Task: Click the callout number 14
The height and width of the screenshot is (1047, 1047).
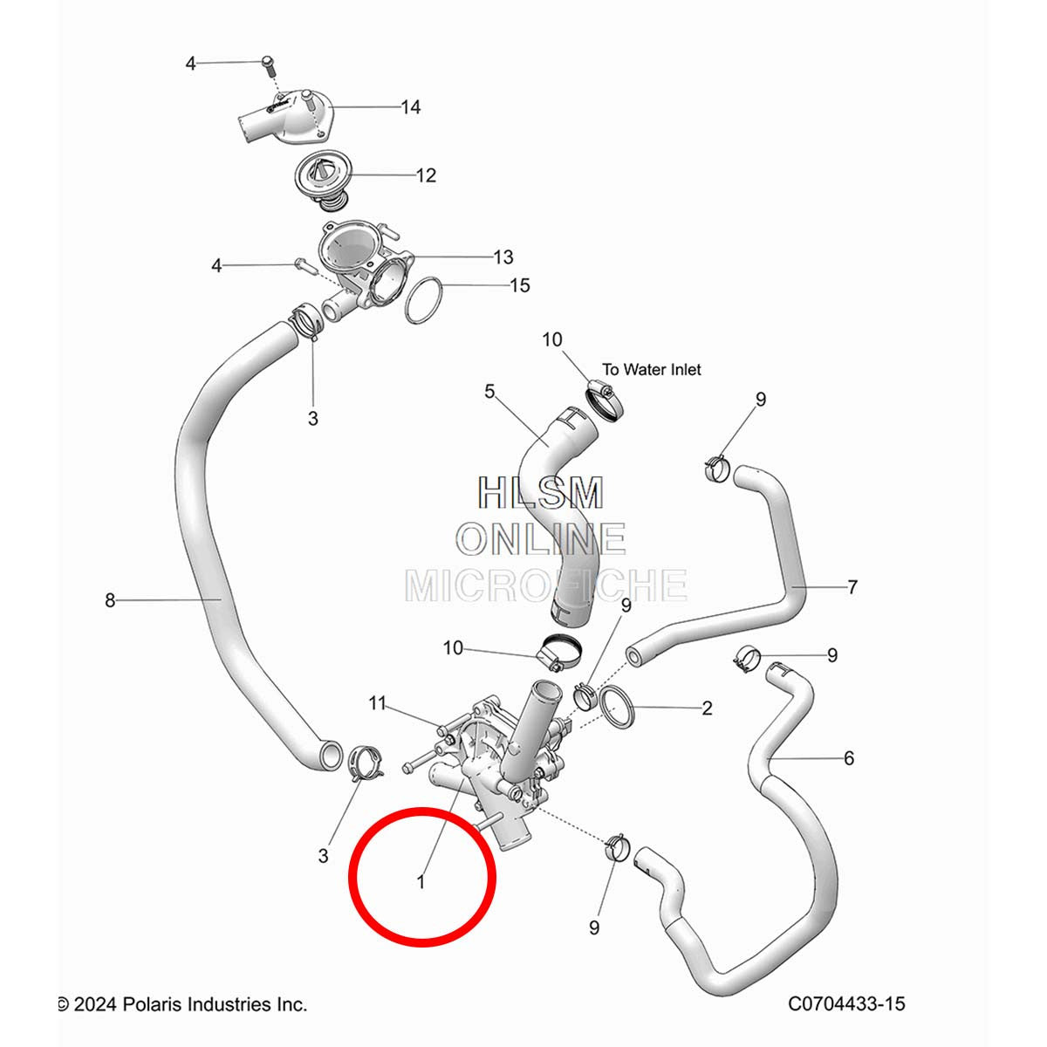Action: pos(411,107)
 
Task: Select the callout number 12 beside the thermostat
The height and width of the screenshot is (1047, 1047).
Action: pos(426,175)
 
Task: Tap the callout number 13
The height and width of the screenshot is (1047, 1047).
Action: pos(503,257)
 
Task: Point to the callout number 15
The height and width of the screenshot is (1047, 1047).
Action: pos(520,286)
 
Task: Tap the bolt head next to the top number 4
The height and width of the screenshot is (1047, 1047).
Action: pos(268,63)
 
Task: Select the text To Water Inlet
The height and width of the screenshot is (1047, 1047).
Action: pos(652,369)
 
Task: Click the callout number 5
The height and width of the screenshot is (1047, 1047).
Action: pos(489,391)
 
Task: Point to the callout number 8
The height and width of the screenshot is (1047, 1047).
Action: pos(110,600)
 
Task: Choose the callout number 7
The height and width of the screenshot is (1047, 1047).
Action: pos(852,587)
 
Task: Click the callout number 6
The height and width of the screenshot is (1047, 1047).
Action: pos(849,758)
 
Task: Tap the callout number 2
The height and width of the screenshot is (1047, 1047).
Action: pos(707,708)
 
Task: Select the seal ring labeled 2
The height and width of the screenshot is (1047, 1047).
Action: pos(616,707)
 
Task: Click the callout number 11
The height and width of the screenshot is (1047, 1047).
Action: pos(377,703)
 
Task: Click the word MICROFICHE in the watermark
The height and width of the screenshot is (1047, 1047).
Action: pos(546,585)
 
